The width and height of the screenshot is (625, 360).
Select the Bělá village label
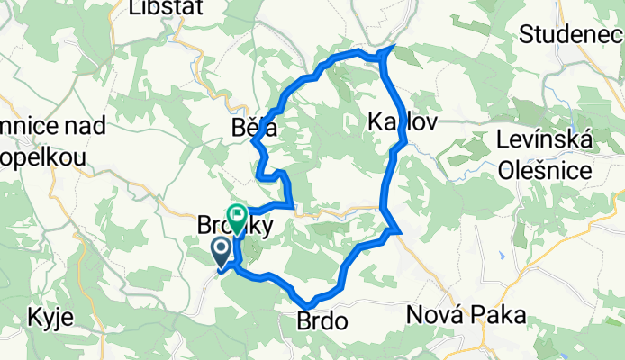pyautogui.click(x=252, y=130)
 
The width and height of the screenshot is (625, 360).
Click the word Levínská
pyautogui.click(x=543, y=141)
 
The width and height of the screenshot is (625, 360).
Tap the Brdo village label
pyautogui.click(x=318, y=320)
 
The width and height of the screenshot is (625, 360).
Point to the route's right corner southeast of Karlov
pyautogui.click(x=397, y=232)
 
